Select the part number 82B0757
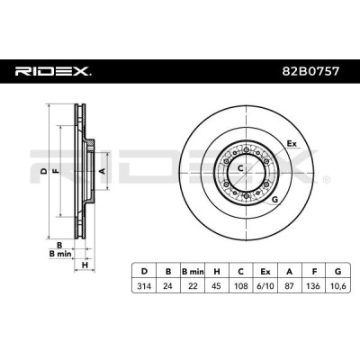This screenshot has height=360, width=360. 311,71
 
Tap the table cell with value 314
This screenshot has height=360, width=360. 144,286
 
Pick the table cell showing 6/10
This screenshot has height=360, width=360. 265,286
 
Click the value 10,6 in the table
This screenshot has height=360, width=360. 338,286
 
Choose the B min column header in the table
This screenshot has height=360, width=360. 193,272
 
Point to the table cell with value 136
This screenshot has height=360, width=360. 314,286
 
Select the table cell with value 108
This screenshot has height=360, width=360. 241,286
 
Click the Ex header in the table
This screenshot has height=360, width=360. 265,272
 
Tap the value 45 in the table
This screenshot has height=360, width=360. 217,286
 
